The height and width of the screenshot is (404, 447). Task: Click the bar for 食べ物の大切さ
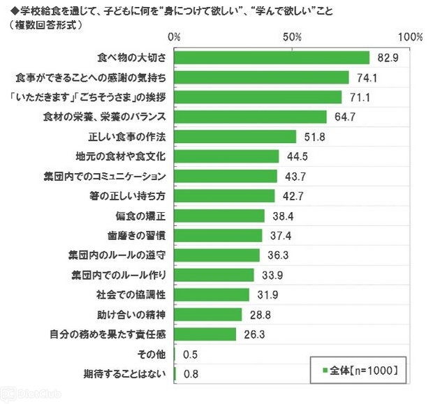(x=272, y=57)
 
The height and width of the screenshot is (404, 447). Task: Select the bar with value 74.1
(x=261, y=77)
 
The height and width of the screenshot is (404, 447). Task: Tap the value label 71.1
(x=360, y=97)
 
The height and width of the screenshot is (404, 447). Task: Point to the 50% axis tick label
(x=293, y=37)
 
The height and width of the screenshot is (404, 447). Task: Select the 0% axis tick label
(x=175, y=37)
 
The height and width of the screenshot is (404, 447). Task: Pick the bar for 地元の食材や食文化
(x=227, y=156)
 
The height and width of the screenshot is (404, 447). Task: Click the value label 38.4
(x=281, y=216)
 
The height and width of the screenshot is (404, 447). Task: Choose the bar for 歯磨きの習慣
(x=219, y=235)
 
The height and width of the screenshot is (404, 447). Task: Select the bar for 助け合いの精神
(x=208, y=315)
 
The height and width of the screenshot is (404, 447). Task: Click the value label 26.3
(x=254, y=334)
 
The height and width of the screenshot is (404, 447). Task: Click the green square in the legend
(x=325, y=368)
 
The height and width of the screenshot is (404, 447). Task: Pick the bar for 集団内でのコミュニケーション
(x=226, y=176)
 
